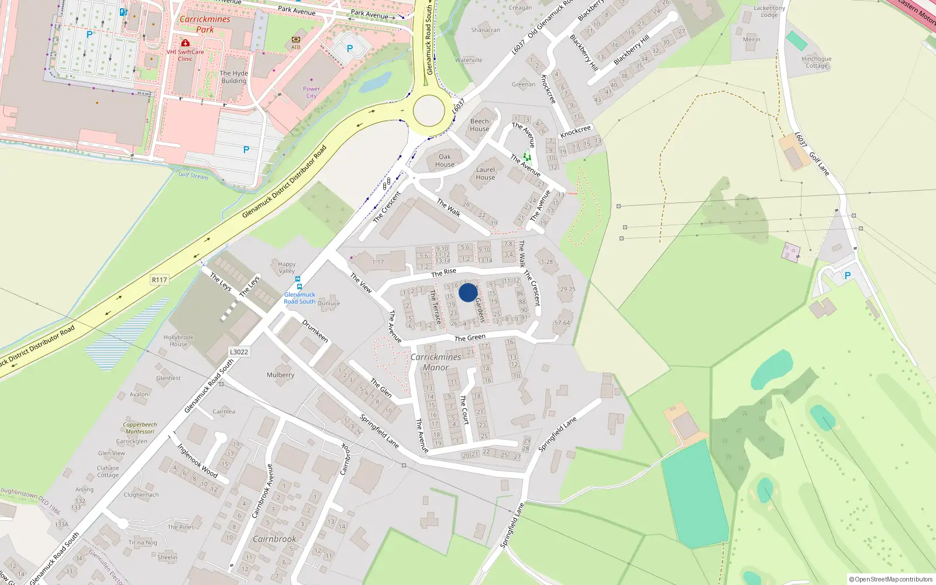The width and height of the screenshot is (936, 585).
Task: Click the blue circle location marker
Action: point(468,292)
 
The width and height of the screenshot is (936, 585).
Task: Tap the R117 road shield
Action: point(159,280)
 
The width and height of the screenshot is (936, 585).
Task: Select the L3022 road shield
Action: point(239,352)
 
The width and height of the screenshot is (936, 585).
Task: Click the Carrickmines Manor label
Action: point(436,362)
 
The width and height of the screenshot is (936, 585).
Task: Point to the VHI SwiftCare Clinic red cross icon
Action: point(185,43)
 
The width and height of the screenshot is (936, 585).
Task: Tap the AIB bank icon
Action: point(295,39)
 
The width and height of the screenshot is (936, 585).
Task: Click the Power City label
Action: point(311,92)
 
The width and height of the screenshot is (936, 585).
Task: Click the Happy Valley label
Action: point(287,267)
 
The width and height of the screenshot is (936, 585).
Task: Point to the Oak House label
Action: point(445,160)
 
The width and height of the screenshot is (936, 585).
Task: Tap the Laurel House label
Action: point(485,173)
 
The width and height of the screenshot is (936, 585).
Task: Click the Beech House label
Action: point(480,125)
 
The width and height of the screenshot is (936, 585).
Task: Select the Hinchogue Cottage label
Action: point(817,62)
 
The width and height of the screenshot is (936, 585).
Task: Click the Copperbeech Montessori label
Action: point(140,428)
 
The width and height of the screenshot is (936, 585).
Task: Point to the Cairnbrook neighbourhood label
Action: point(274,539)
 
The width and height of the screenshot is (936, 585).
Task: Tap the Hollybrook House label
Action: point(178,340)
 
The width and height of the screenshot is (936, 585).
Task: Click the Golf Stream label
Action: point(193,175)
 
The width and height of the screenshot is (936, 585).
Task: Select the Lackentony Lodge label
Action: point(769,12)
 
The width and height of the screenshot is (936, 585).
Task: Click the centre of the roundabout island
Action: point(429,110)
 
